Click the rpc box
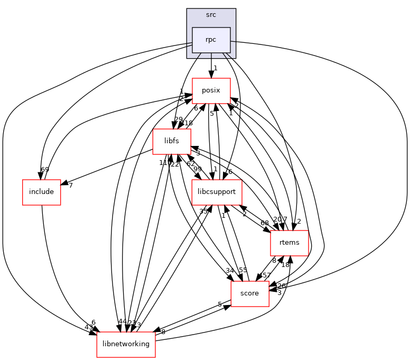point(211,40)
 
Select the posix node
point(211,90)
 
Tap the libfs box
point(171,141)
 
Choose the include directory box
point(41,192)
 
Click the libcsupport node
point(217,192)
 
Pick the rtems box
point(289,243)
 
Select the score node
point(249,293)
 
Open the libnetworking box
point(126,344)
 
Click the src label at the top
point(211,15)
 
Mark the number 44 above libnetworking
point(123,322)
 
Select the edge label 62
point(191,163)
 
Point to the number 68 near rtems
point(265,223)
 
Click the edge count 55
point(243,271)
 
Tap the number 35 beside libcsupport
point(203,211)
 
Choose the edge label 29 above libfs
point(179,119)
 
